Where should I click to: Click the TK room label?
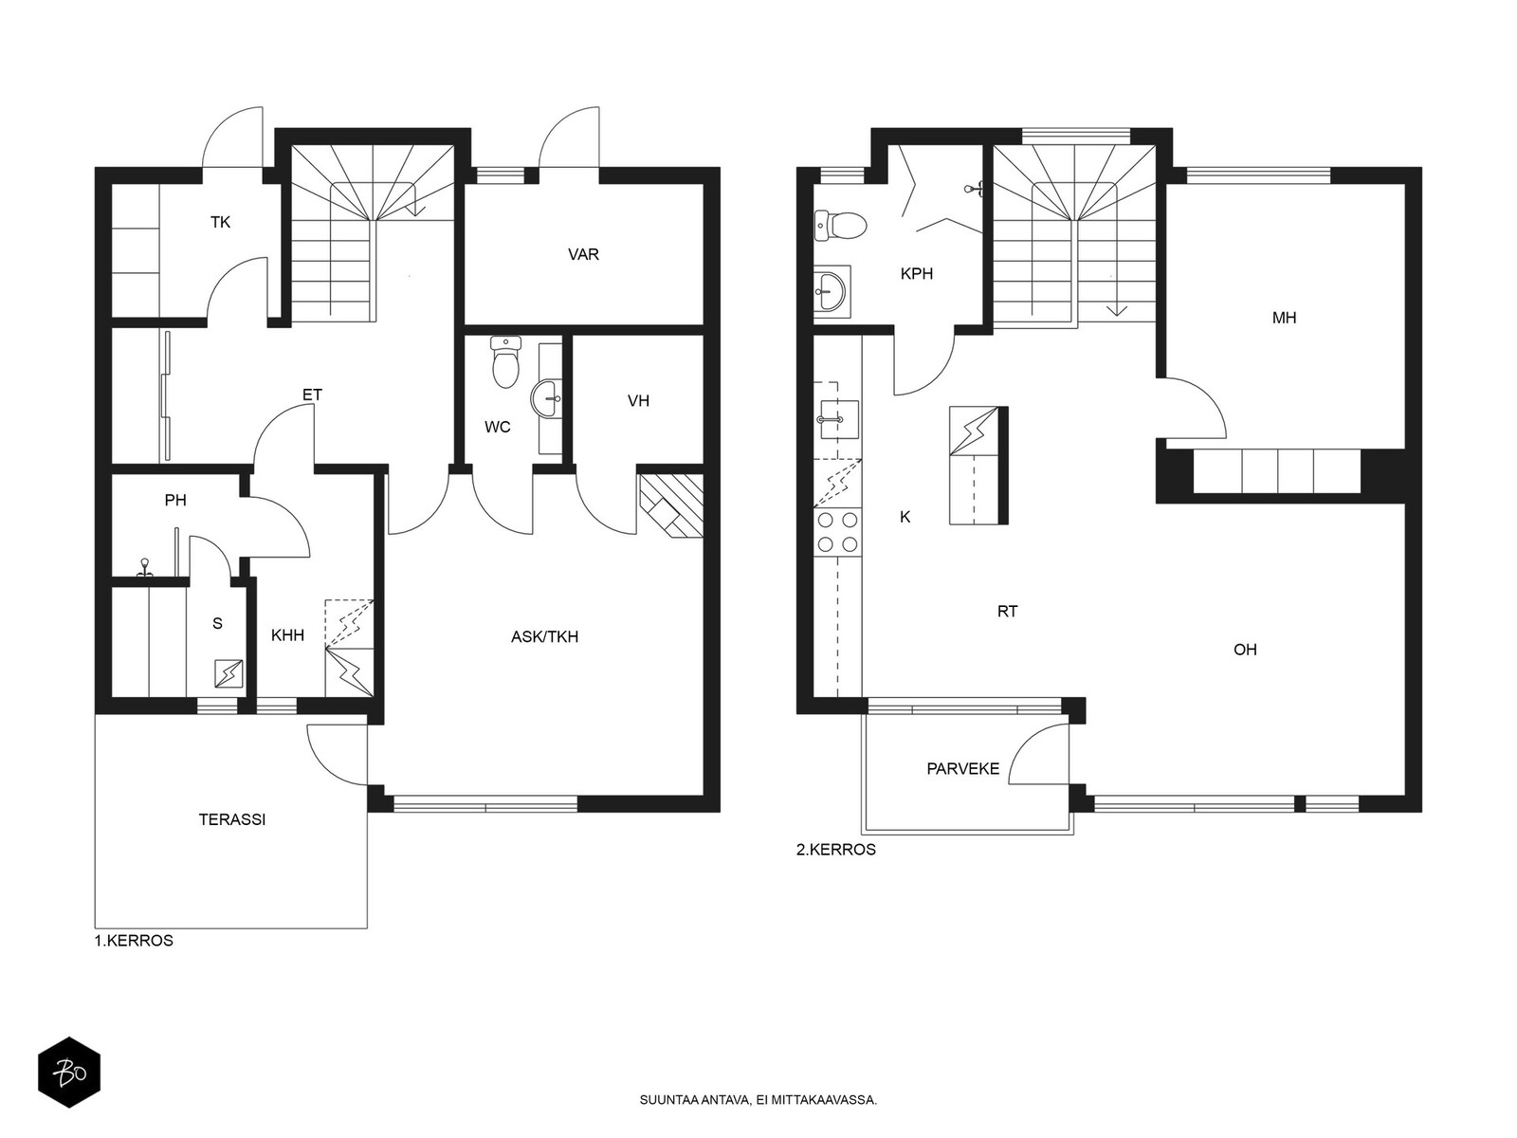click(x=221, y=223)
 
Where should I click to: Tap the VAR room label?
click(x=583, y=255)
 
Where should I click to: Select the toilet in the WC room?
click(x=506, y=360)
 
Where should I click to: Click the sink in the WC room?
click(x=547, y=398)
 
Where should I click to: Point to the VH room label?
click(x=639, y=401)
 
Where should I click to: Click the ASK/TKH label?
click(x=544, y=637)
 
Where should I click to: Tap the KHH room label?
click(x=287, y=635)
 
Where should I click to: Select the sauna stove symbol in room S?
click(x=228, y=673)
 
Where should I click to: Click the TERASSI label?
click(x=232, y=820)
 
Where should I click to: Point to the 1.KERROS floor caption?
click(x=134, y=941)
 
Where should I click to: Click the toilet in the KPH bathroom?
click(x=840, y=226)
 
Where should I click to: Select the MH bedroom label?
click(x=1284, y=319)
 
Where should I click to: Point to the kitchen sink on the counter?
click(x=839, y=419)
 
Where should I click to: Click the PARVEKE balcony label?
click(x=962, y=769)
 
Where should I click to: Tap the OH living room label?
click(x=1245, y=651)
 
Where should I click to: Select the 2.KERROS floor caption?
click(x=836, y=850)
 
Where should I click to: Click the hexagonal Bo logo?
click(x=69, y=1074)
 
